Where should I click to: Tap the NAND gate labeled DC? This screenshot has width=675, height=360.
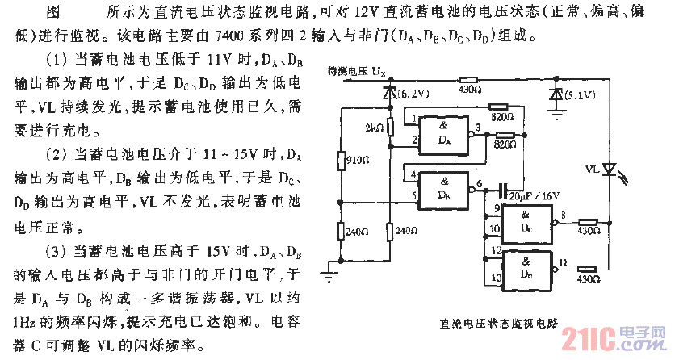click(x=527, y=222)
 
